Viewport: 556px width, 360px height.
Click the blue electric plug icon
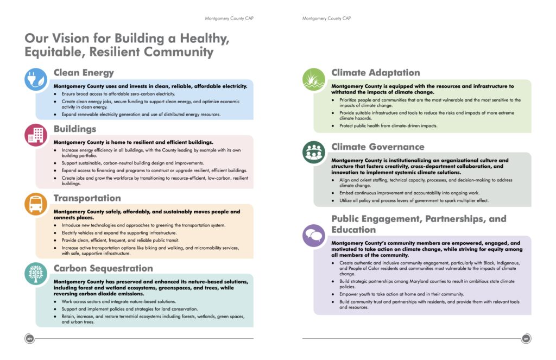pyautogui.click(x=35, y=79)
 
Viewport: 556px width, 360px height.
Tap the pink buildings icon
pyautogui.click(x=35, y=135)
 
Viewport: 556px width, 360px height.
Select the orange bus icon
pyautogui.click(x=35, y=204)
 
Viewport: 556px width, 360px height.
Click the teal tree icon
pyautogui.click(x=36, y=273)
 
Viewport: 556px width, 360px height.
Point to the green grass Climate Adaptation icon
pyautogui.click(x=313, y=79)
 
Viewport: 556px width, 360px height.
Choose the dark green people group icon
pyautogui.click(x=313, y=151)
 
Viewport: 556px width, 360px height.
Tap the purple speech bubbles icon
pyautogui.click(x=313, y=235)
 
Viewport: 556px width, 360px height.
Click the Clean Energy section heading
pyautogui.click(x=84, y=73)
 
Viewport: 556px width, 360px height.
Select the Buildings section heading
pyautogui.click(x=75, y=129)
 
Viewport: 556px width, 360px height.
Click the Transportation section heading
pyautogui.click(x=87, y=198)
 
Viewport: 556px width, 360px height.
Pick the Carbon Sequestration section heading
pyautogui.click(x=103, y=268)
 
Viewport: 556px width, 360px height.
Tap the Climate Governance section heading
pyautogui.click(x=378, y=147)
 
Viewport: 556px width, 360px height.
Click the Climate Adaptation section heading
pyautogui.click(x=376, y=73)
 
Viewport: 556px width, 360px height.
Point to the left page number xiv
pyautogui.click(x=30, y=339)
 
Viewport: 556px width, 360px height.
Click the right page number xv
pyautogui.click(x=526, y=339)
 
